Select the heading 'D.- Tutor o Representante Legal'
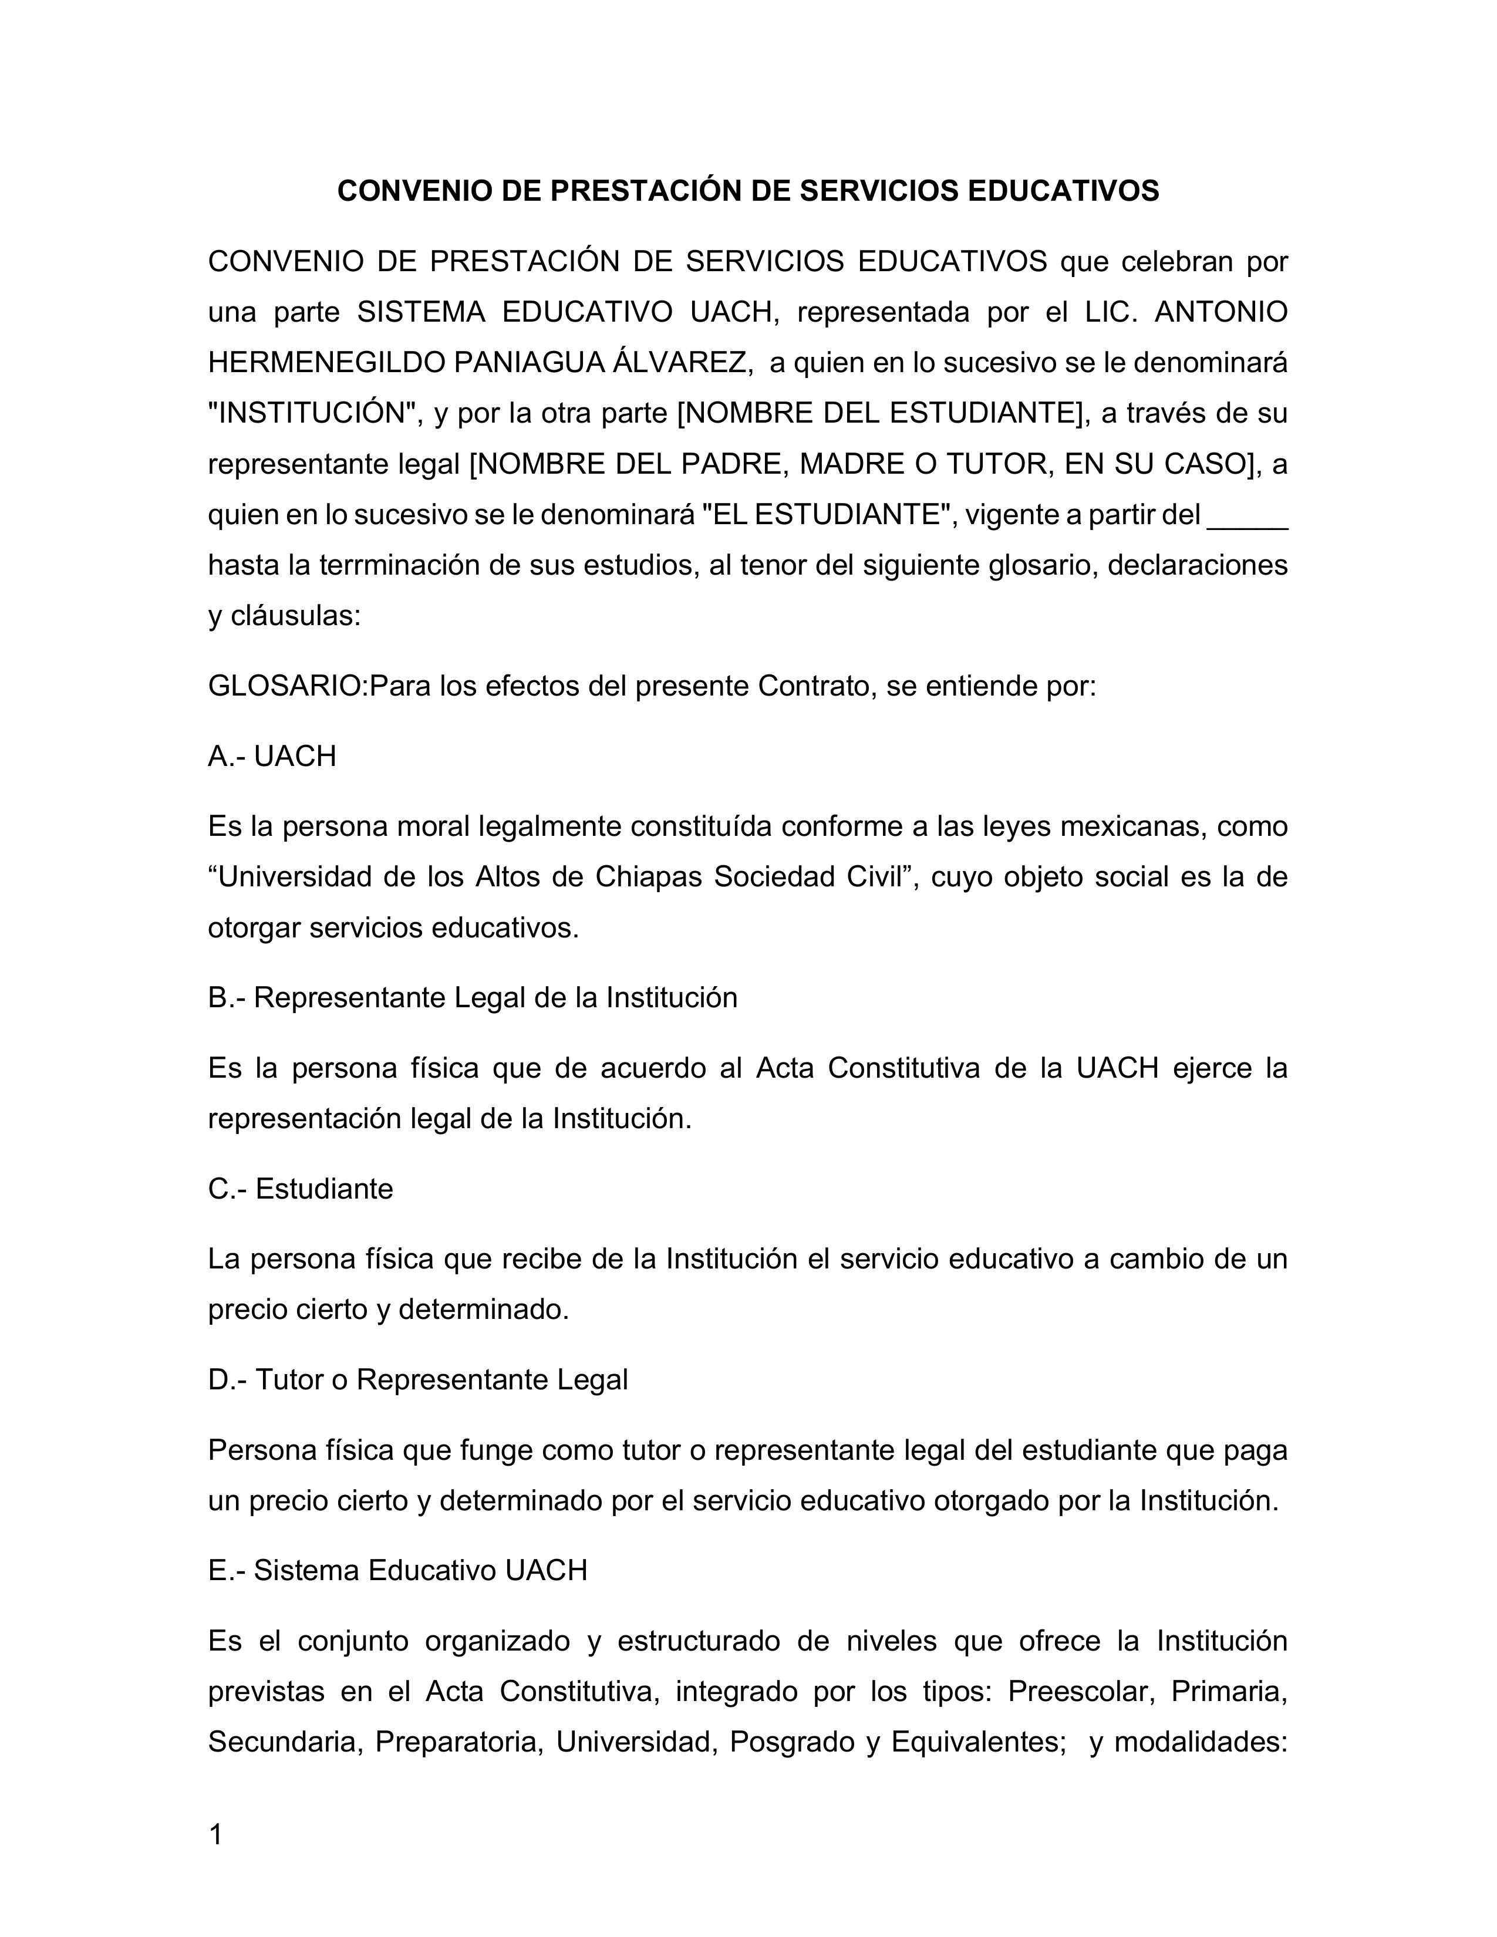pos(418,1379)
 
